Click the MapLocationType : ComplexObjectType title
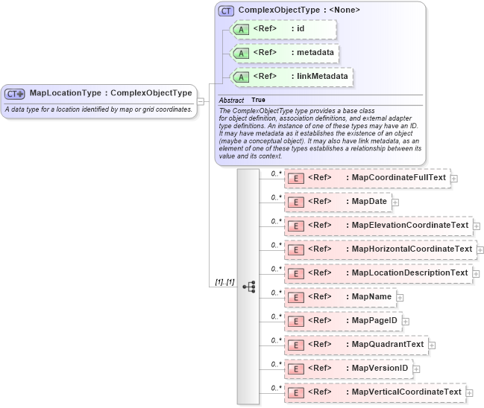110,93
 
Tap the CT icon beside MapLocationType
15,94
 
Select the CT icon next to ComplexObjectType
226,10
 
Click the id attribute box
284,29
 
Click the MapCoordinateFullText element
368,177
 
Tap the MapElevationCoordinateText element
379,225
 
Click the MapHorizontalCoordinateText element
380,249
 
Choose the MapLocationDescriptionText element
378,272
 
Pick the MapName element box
340,296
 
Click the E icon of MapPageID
295,321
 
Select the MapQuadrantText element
356,344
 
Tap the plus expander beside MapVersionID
416,369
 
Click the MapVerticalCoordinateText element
375,392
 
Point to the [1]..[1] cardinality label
224,282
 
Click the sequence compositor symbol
248,286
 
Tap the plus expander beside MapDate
395,202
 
